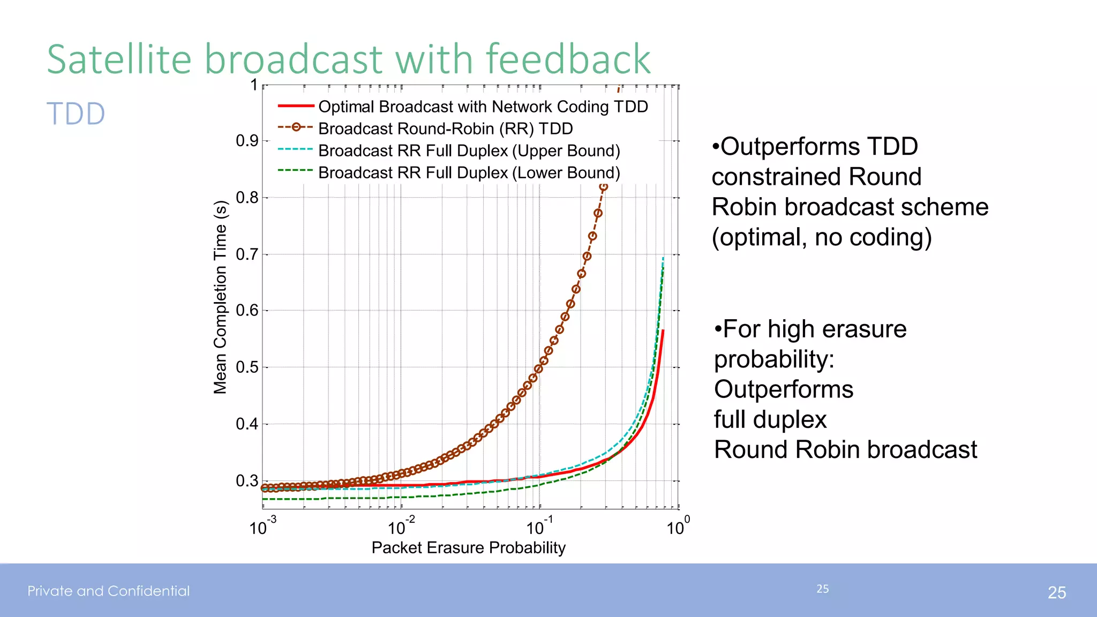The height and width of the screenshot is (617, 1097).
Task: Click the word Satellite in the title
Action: coord(119,59)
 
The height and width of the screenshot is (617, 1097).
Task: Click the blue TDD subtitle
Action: coord(76,114)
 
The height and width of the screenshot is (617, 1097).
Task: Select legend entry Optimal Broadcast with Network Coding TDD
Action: coord(483,107)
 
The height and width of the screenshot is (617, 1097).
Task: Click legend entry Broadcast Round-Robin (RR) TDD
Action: coord(445,129)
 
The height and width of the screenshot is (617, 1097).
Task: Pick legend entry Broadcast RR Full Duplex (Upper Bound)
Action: coord(469,151)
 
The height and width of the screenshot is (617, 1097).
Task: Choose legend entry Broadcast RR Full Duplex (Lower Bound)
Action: coord(469,172)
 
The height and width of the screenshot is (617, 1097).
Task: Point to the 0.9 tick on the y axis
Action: coord(247,141)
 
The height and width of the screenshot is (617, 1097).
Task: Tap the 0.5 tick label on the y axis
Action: coord(247,367)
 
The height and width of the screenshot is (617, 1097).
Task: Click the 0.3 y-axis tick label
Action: coord(247,481)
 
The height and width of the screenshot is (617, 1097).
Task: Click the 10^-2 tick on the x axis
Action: coord(401,527)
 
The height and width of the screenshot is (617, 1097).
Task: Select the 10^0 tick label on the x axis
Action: coord(678,527)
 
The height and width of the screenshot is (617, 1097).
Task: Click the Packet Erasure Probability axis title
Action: coord(468,547)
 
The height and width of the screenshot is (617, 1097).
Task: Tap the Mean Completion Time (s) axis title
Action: coord(220,297)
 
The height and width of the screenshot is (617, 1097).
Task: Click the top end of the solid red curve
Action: coord(663,331)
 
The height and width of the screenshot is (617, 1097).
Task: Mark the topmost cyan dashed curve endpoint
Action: coord(663,258)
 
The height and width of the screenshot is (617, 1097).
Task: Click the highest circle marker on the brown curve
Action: coord(604,187)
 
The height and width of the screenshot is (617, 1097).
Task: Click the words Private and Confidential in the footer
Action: coord(109,591)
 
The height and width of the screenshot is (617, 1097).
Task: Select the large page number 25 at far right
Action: coord(1056,592)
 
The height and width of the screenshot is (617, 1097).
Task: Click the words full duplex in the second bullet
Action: coord(770,419)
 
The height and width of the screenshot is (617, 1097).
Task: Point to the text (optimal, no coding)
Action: coord(821,237)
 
